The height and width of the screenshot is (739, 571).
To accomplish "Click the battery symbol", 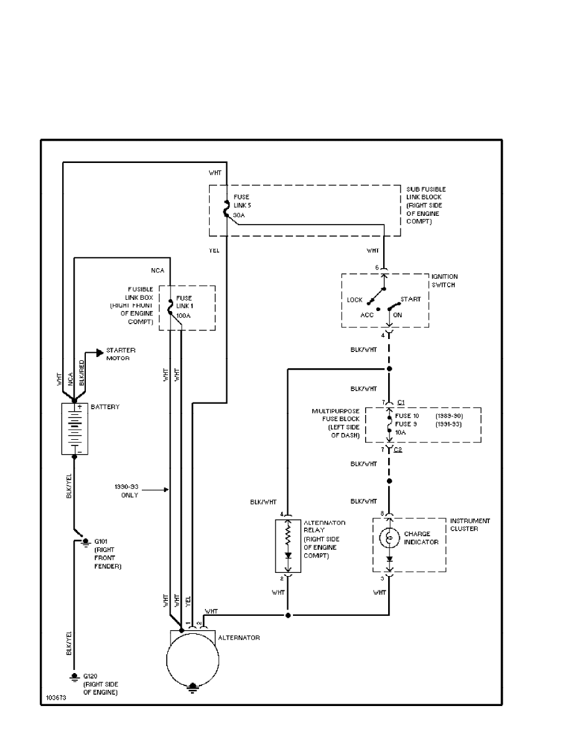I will pos(73,429).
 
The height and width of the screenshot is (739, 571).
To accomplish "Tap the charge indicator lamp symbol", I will pos(389,537).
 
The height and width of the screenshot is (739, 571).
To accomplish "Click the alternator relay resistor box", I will pos(287,545).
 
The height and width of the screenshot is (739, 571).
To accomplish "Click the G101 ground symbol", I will pos(85,542).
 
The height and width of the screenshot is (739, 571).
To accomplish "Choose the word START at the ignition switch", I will pos(411,299).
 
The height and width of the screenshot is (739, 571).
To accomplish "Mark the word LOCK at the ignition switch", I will pos(355,300).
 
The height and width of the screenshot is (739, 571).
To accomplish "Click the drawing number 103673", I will pos(55,698).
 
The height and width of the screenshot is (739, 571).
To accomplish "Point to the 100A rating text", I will pos(183,317).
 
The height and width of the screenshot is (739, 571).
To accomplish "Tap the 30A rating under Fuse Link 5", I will pos(239,215).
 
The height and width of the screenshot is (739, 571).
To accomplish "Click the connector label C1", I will pos(401,402).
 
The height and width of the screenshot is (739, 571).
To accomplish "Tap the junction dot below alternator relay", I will pos(288,615).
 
